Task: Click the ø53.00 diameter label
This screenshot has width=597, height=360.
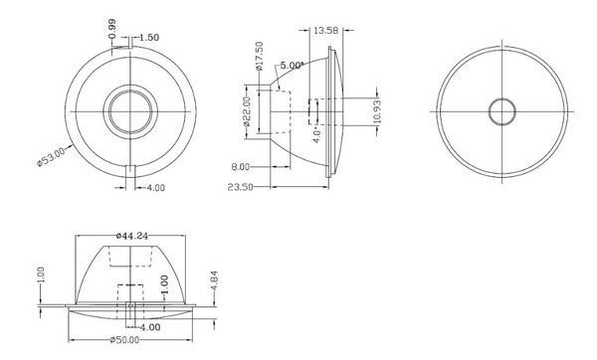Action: point(51,156)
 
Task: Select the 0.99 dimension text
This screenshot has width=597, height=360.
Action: point(111,29)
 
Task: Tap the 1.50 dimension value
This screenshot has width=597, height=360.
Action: point(149,38)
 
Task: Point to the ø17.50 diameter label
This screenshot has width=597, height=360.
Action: point(260,56)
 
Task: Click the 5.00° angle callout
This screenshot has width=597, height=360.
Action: point(292,65)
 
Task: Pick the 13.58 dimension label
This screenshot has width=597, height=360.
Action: point(325,30)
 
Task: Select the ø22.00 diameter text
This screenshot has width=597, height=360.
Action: point(247,111)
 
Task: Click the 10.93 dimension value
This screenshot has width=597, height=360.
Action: point(377,111)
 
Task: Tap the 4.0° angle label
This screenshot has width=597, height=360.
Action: point(316,134)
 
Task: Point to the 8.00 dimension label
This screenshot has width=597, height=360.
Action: point(241,167)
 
